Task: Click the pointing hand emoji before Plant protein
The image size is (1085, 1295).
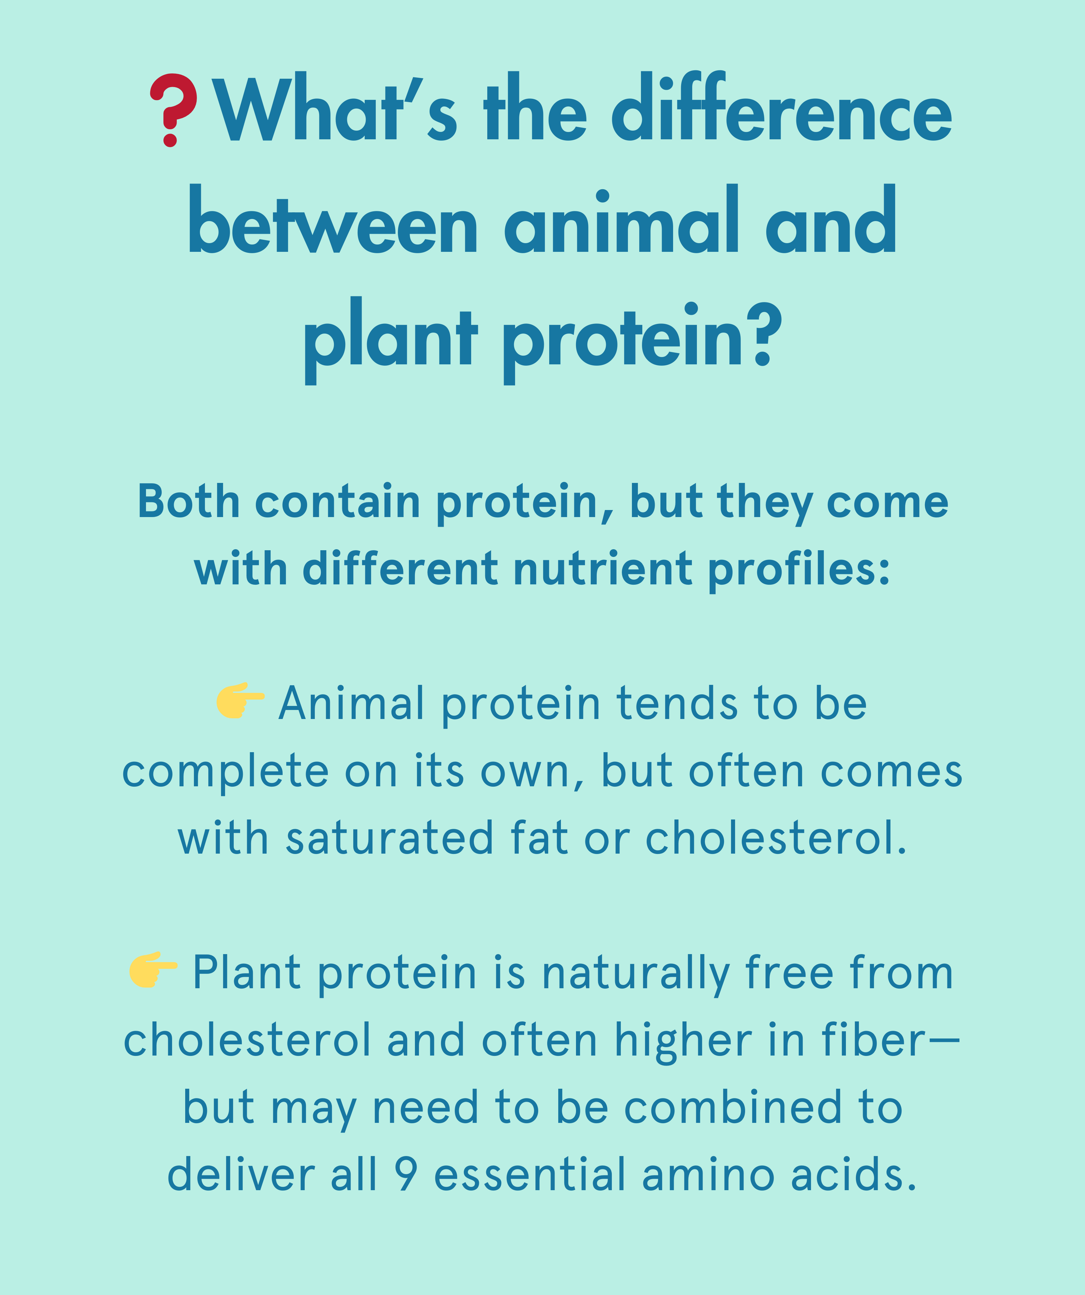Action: tap(153, 970)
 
